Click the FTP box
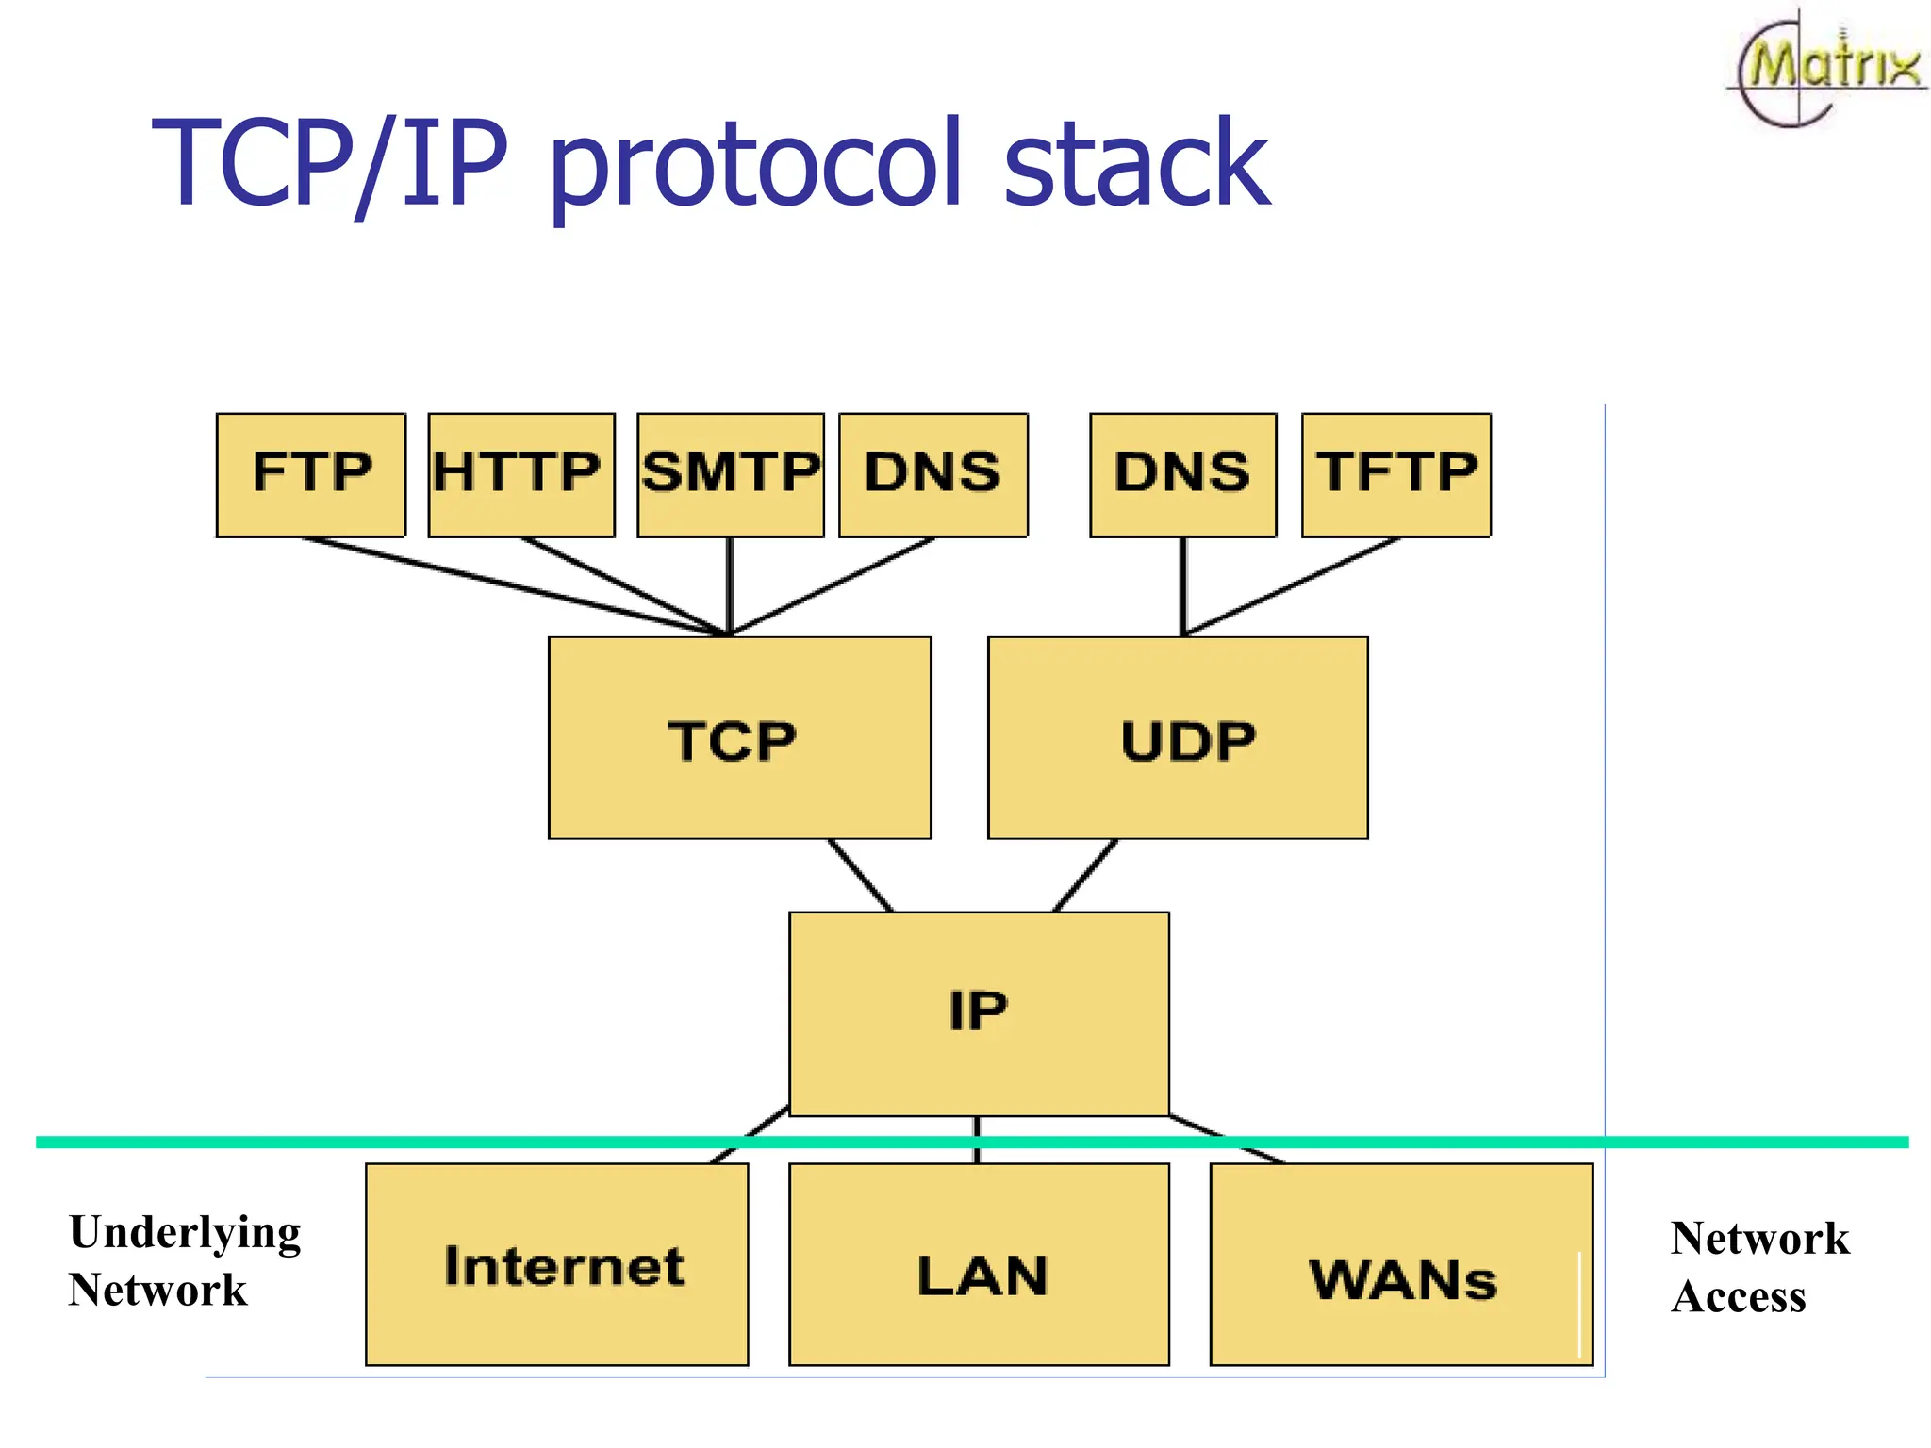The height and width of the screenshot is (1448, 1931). click(311, 474)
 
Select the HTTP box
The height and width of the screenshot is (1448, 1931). click(520, 474)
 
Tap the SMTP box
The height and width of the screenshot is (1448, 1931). click(731, 474)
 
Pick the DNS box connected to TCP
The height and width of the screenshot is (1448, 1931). click(933, 474)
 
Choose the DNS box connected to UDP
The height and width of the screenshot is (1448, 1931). click(1182, 474)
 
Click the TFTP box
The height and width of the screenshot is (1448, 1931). click(1396, 474)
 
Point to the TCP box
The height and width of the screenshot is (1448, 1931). click(739, 738)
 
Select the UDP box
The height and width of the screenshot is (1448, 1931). click(1178, 738)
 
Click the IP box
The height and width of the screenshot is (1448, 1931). click(979, 1013)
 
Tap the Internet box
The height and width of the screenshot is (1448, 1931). click(556, 1264)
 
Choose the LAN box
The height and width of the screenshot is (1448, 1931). click(979, 1264)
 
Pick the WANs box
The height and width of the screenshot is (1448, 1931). click(1401, 1264)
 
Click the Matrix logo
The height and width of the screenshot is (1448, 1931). click(1827, 69)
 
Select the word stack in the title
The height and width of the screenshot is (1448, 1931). click(1136, 165)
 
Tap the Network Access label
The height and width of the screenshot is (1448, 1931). click(1758, 1266)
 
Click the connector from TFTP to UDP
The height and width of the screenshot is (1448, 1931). click(1292, 586)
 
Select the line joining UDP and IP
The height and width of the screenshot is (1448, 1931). click(1084, 876)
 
